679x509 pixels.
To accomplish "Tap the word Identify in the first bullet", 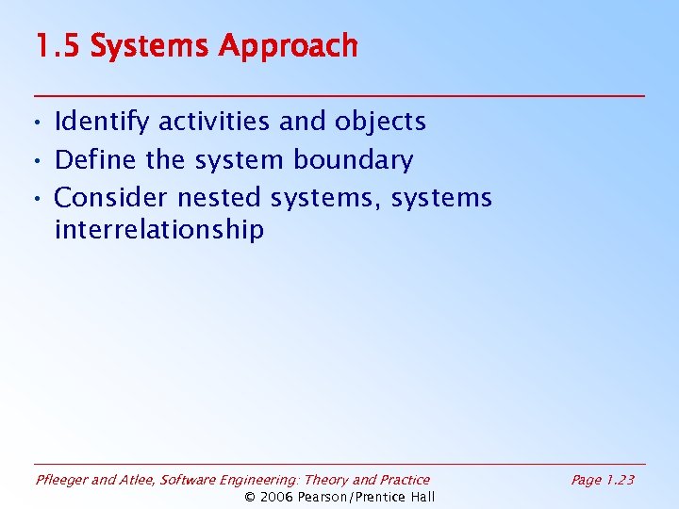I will pos(103,122).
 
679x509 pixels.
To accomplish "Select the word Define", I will pos(96,160).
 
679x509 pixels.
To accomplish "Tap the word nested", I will pos(219,198).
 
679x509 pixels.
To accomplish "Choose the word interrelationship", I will pos(159,230).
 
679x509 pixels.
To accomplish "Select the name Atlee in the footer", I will pos(138,480).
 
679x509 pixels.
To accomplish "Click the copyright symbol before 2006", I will pos(250,497).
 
